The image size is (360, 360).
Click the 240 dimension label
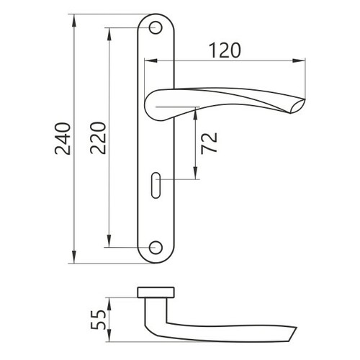pyautogui.click(x=63, y=138)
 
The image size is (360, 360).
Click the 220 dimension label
pyautogui.click(x=98, y=138)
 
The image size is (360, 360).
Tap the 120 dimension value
pyautogui.click(x=225, y=50)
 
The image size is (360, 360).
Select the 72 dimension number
pyautogui.click(x=210, y=143)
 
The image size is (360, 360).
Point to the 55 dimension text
pyautogui.click(x=98, y=320)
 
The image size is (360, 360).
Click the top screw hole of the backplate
pyautogui.click(x=156, y=28)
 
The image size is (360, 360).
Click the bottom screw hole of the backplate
pyautogui.click(x=156, y=248)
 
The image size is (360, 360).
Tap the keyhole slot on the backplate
pyautogui.click(x=156, y=185)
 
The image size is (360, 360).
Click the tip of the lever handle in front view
pyautogui.click(x=305, y=100)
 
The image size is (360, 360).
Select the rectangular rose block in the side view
pyautogui.click(x=156, y=292)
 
